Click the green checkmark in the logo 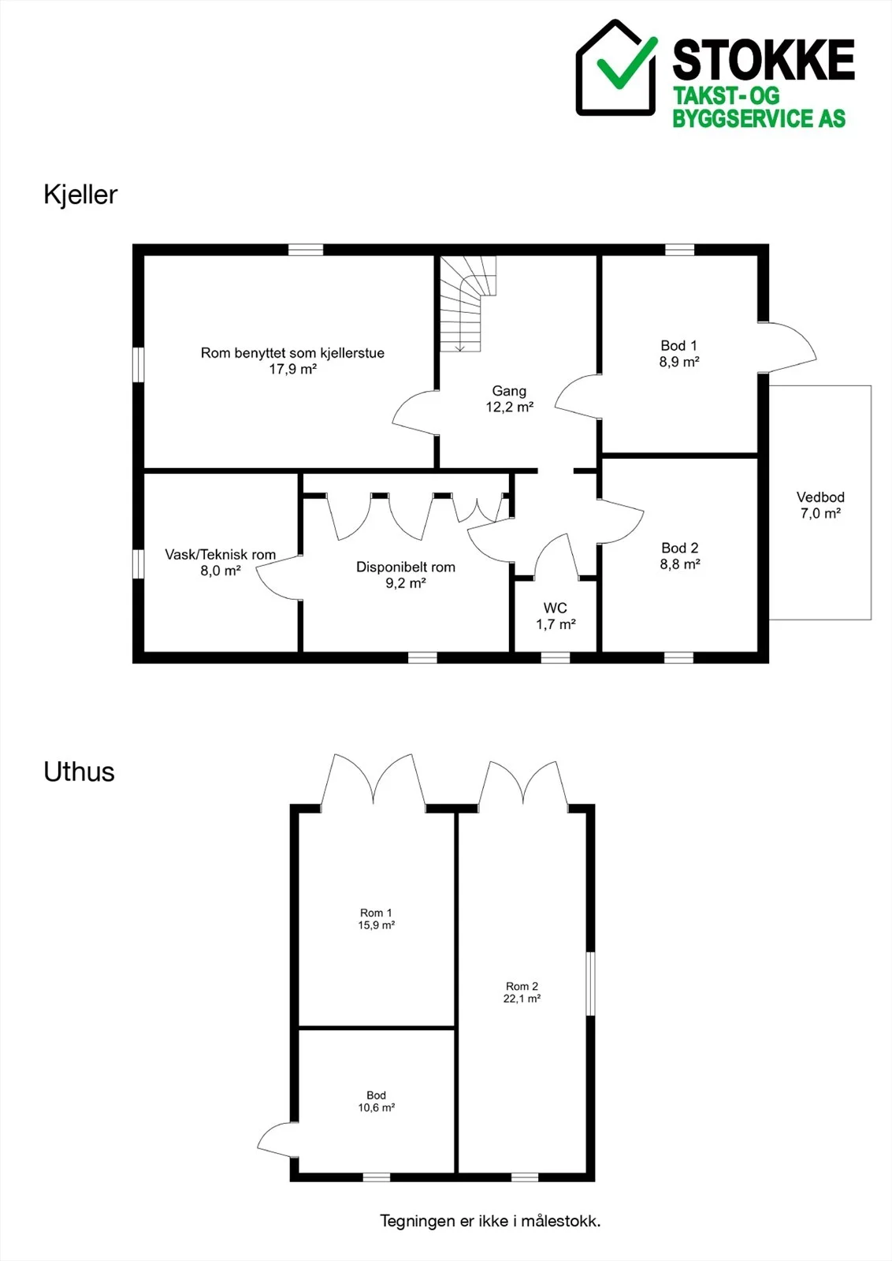626,64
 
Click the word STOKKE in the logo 764,60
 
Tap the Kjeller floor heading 80,195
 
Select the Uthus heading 79,772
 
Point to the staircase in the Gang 468,304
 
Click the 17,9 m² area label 292,370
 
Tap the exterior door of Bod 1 786,348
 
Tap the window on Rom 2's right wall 590,984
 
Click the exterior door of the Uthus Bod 278,1140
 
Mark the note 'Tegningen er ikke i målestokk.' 490,1221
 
